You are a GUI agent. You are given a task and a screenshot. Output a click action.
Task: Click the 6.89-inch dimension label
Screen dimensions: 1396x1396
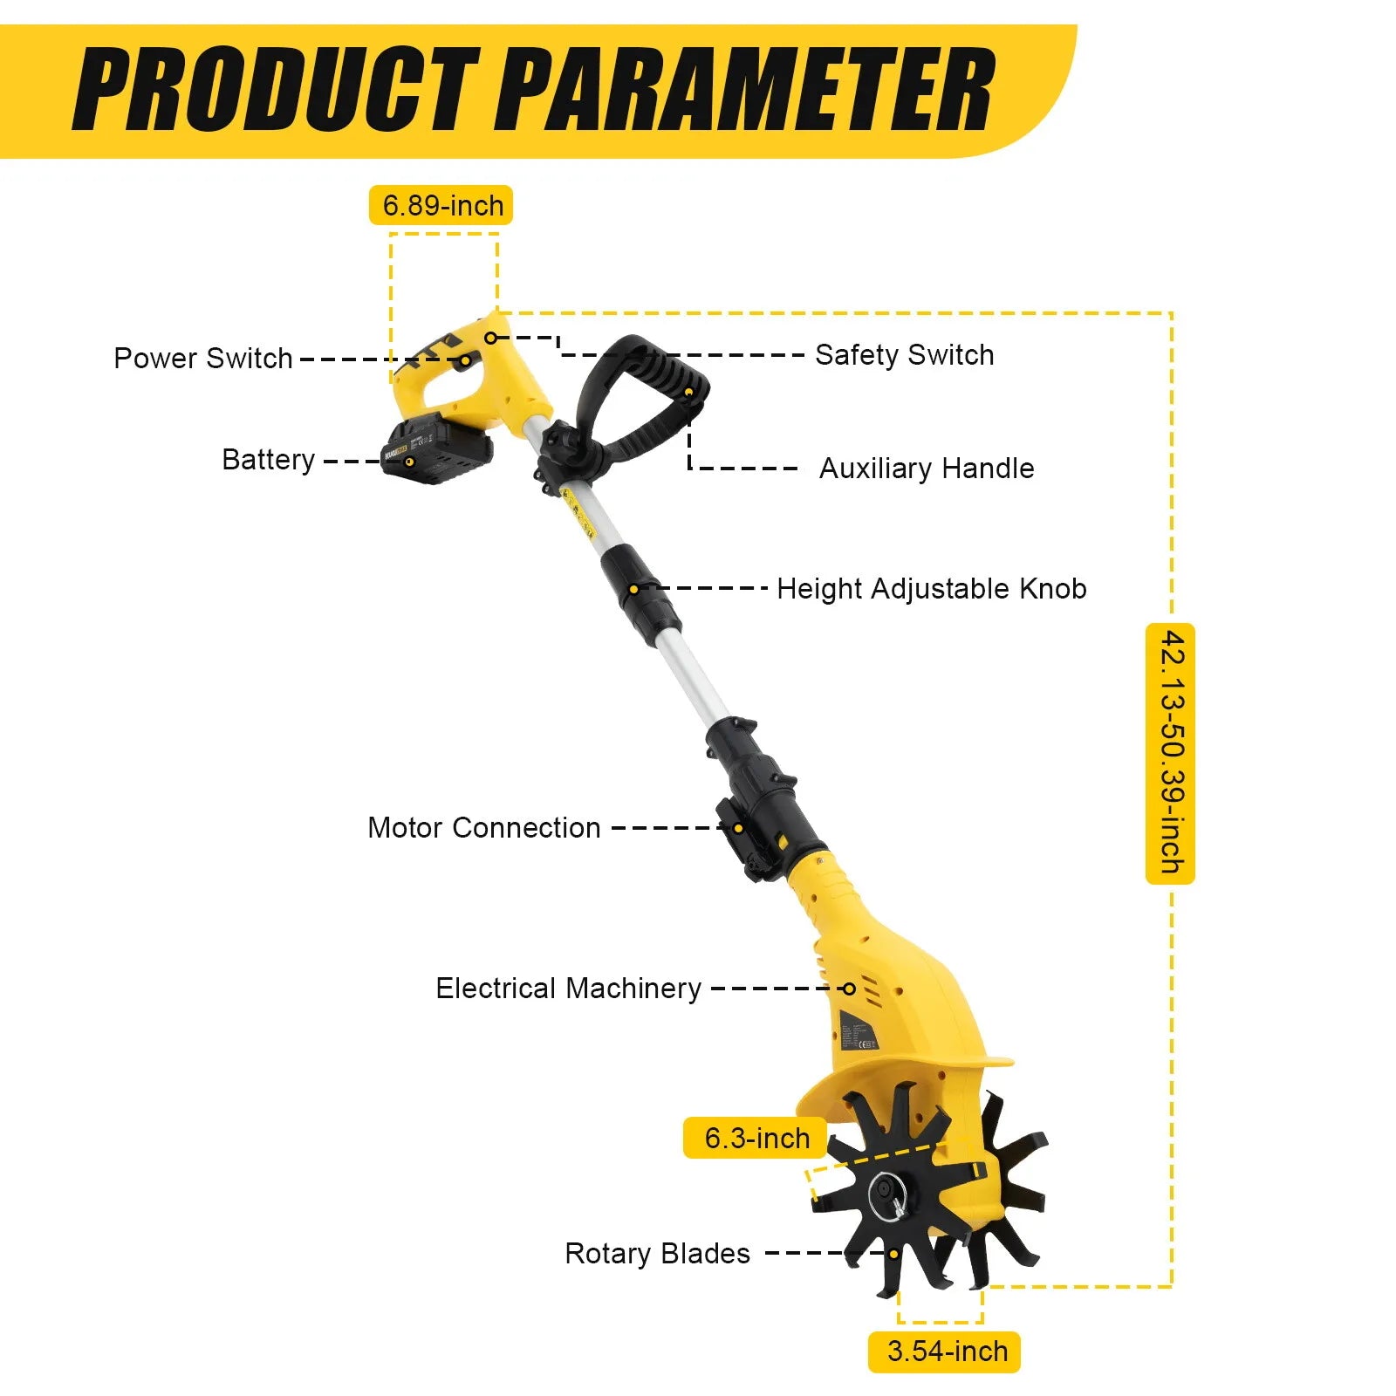441,206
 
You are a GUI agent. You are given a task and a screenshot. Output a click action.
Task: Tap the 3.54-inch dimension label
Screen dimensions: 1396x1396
945,1352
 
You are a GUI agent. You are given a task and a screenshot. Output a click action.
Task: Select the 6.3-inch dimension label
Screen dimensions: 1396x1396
756,1138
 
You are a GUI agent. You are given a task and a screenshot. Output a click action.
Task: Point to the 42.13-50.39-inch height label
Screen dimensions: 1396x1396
1171,752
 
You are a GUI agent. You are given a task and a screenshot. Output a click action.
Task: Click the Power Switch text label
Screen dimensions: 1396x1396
202,358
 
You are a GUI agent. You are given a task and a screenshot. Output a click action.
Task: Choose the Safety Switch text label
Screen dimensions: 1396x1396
904,355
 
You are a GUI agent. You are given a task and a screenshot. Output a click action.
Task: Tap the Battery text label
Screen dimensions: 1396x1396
268,460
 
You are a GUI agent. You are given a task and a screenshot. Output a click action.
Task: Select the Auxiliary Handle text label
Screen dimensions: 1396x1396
926,469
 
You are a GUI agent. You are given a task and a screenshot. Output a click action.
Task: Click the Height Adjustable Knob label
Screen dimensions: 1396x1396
931,589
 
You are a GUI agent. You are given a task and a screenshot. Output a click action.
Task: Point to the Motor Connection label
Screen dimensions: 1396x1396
484,827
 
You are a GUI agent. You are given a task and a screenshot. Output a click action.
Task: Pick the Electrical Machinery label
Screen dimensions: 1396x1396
568,989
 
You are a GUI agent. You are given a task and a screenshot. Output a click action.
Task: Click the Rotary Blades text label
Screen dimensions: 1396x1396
657,1254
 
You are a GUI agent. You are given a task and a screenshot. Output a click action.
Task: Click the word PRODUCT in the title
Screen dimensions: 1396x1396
277,90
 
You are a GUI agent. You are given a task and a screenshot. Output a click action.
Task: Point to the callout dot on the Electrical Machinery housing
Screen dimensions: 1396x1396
849,989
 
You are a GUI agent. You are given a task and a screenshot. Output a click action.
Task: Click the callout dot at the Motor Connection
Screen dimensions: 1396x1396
738,828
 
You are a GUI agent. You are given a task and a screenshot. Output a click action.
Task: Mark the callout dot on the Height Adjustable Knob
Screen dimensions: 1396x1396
634,589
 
